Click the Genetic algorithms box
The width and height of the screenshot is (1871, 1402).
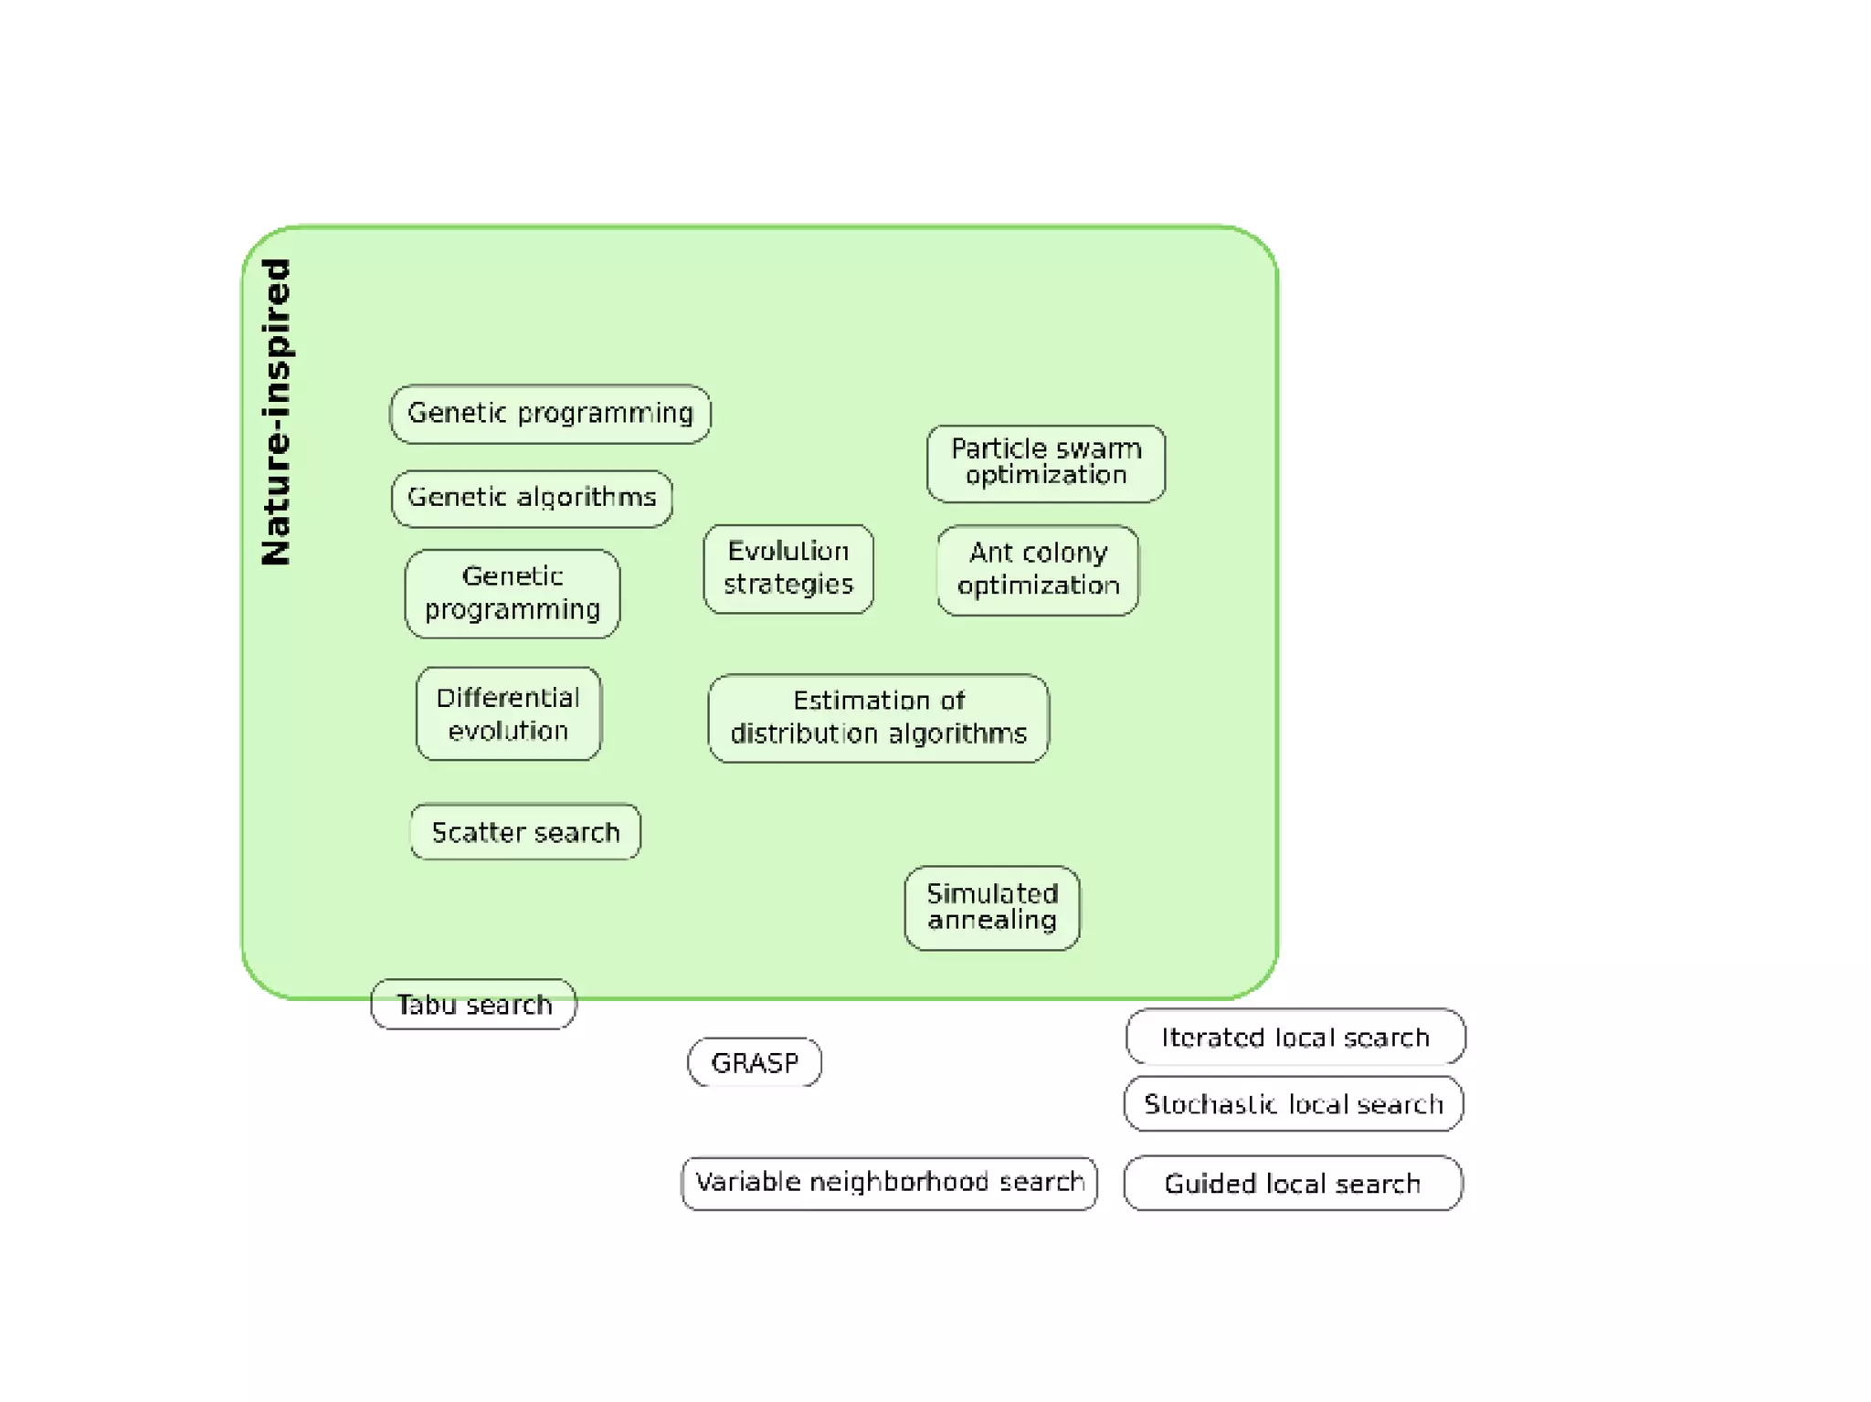(532, 498)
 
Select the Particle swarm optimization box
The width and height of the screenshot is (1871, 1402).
(1046, 463)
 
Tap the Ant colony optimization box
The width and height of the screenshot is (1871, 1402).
(1038, 570)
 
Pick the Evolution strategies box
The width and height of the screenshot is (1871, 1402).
(788, 568)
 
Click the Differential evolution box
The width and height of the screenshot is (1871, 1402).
(509, 714)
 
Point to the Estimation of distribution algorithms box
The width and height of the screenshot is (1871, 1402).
(878, 718)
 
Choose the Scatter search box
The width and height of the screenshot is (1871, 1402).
(525, 832)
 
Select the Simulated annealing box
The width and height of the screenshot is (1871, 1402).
(992, 908)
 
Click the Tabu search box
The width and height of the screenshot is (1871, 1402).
(473, 1005)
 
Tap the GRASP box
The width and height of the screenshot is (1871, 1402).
(755, 1062)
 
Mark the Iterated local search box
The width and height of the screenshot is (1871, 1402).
(1295, 1037)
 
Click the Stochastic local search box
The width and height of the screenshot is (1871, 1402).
(1294, 1104)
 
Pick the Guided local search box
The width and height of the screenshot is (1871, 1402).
(1293, 1184)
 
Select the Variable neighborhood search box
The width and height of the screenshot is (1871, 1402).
(889, 1183)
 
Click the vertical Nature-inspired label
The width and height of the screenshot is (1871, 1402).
(276, 412)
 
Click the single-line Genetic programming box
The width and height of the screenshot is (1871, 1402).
(550, 414)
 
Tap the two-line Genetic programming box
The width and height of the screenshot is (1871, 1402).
(513, 594)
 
